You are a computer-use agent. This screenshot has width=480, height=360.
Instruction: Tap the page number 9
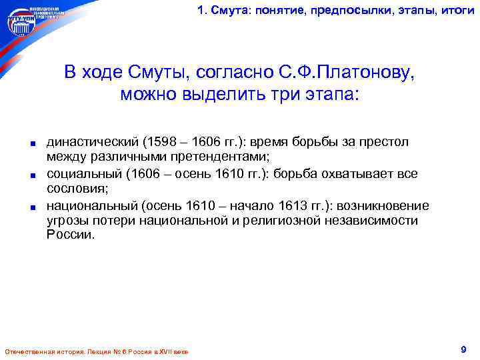coord(463,349)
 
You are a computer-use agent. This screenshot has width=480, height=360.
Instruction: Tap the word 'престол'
coord(387,142)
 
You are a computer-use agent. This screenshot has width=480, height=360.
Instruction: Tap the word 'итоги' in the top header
coord(458,9)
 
